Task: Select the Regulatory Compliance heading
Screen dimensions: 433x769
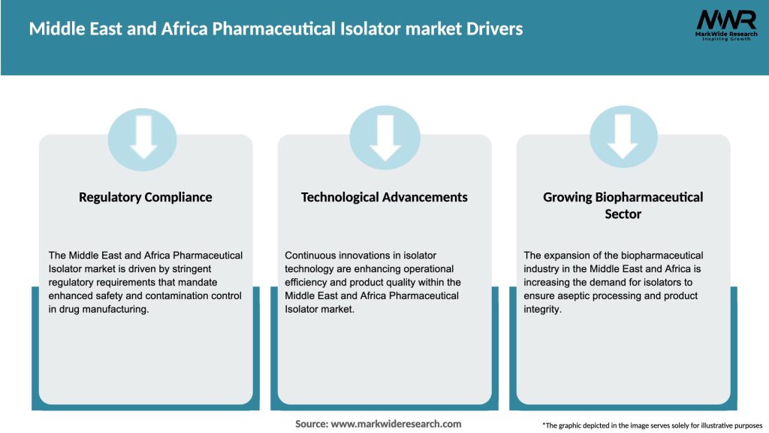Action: click(x=146, y=197)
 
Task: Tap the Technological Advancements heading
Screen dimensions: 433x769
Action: click(x=384, y=197)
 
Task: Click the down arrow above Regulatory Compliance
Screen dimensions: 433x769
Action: click(x=143, y=138)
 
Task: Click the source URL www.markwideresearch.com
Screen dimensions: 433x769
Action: click(x=397, y=424)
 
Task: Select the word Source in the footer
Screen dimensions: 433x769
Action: click(x=311, y=424)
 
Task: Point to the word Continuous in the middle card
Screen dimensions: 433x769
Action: click(x=312, y=256)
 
